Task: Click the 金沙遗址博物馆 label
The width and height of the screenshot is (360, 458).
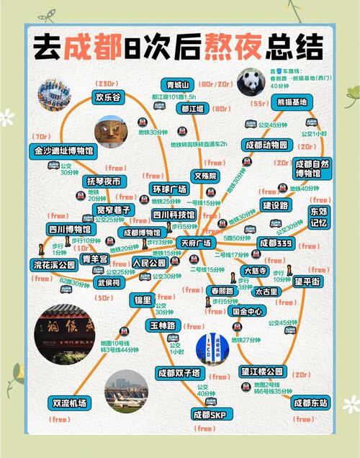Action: tap(63, 152)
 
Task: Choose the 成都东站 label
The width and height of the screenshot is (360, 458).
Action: tap(310, 403)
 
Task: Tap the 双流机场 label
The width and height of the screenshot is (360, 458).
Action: tap(69, 403)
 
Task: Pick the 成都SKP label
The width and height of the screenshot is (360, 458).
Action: tap(209, 416)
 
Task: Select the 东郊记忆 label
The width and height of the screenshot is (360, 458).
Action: tap(318, 217)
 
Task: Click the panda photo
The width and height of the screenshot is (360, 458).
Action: tap(252, 83)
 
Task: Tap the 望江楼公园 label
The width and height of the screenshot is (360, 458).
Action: tap(263, 372)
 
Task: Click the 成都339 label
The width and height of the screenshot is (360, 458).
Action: tap(276, 243)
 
